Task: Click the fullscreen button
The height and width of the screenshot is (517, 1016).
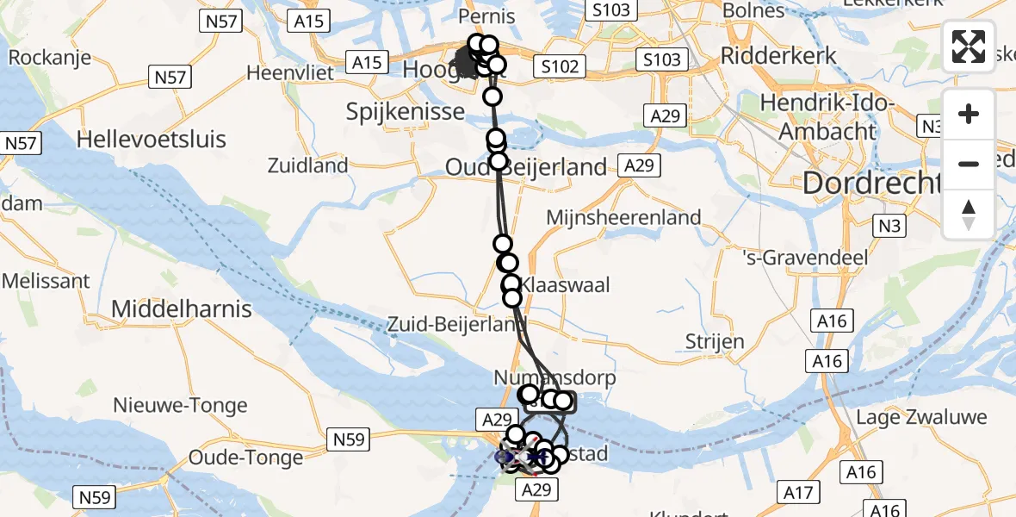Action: click(x=969, y=47)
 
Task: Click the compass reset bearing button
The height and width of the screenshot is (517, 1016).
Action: click(x=969, y=214)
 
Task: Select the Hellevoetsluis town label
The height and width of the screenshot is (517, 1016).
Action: click(x=152, y=139)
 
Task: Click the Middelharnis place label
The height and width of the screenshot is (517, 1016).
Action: click(x=182, y=308)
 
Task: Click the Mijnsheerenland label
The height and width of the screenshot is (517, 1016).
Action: click(x=624, y=217)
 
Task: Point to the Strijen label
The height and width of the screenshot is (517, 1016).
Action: click(x=715, y=341)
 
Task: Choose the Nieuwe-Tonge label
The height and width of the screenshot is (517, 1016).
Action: click(x=181, y=405)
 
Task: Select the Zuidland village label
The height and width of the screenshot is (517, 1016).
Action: click(x=307, y=165)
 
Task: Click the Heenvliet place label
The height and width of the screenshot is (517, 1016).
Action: click(x=289, y=72)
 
